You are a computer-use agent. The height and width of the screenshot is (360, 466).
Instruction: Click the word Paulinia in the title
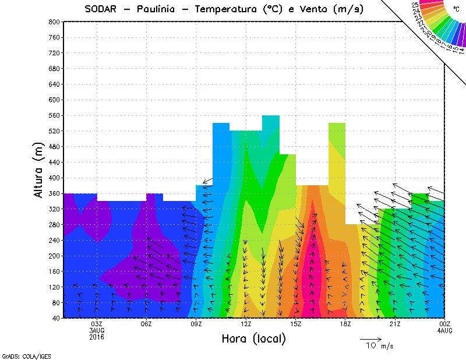[158, 9]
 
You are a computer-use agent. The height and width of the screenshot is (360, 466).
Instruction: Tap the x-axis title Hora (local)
[253, 338]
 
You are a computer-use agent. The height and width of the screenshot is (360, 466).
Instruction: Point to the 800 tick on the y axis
[53, 22]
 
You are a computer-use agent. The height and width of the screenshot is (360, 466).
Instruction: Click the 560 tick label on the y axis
[53, 115]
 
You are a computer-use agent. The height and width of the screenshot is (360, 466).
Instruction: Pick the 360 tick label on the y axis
[53, 193]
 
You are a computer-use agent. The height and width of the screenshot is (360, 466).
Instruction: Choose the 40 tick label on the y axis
[55, 318]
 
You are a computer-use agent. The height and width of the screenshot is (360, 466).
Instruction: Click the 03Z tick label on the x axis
[97, 324]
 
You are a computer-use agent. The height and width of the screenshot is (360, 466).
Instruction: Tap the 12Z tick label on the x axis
[246, 324]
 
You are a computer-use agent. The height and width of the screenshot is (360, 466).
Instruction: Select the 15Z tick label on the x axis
[295, 324]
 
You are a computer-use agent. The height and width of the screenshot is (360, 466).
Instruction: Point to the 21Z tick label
[395, 324]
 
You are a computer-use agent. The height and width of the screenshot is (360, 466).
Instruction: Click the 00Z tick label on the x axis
[444, 324]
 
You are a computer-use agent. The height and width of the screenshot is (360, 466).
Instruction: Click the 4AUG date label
[444, 330]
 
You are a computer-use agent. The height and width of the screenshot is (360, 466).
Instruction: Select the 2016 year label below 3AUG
[97, 337]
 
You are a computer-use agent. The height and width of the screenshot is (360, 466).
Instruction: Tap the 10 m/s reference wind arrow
[370, 338]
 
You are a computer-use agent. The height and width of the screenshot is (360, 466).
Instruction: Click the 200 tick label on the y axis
[53, 256]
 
